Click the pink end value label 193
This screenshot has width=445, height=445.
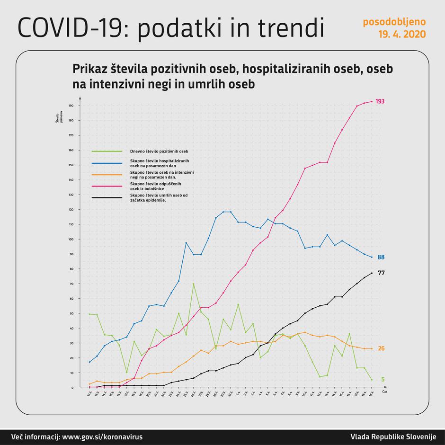380,101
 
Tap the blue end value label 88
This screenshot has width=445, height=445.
381,257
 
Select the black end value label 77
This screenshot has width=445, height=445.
381,273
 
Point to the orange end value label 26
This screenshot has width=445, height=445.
381,348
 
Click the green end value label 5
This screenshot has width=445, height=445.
383,379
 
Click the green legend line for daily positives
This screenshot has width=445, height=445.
107,152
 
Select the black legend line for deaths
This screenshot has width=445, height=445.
107,197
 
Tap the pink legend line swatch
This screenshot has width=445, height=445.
107,186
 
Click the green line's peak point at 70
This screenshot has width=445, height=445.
194,284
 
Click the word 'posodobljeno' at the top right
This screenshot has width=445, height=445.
394,22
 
